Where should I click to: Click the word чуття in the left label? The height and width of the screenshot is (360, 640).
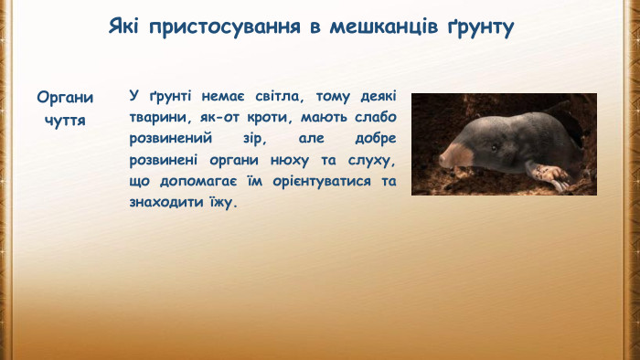[x=65, y=120]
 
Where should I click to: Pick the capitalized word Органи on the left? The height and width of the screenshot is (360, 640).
[x=65, y=98]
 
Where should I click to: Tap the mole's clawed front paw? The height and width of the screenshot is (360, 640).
[x=550, y=176]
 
